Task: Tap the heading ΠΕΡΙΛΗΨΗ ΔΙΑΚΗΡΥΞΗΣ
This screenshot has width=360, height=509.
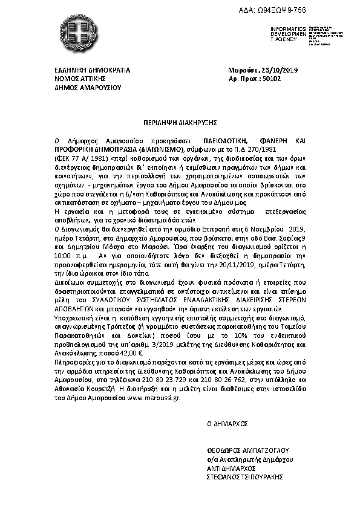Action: coord(180,121)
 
